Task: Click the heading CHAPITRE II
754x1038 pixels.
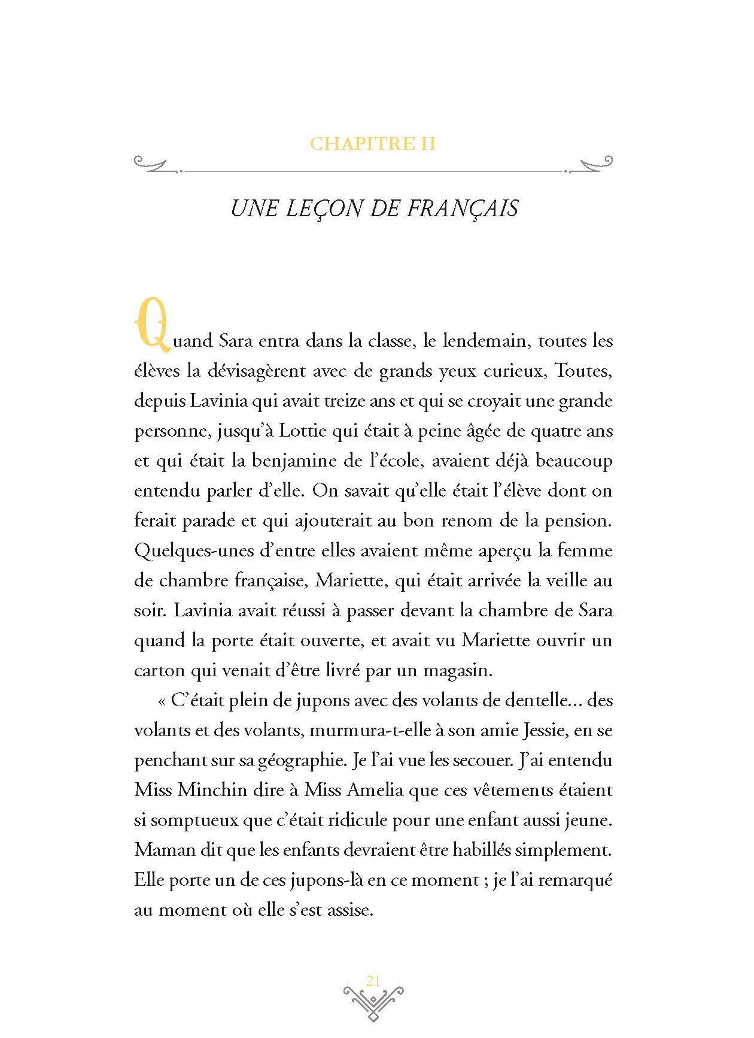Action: click(x=373, y=144)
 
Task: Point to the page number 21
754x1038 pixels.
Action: click(x=373, y=980)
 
